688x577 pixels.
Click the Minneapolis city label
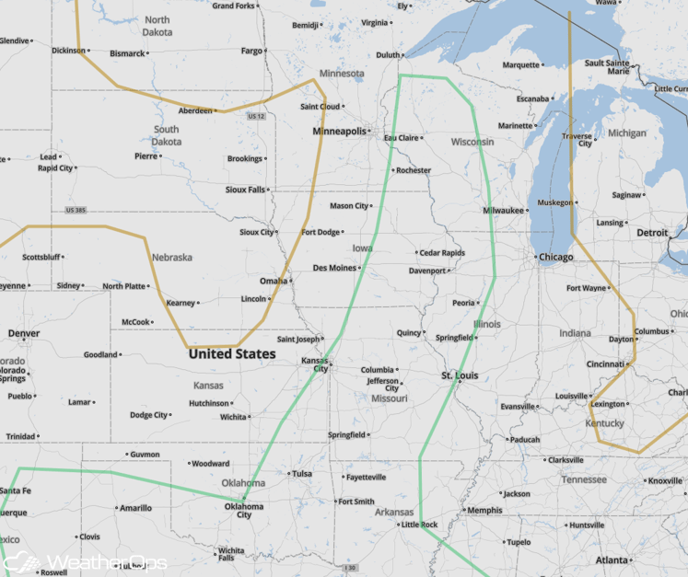pyautogui.click(x=339, y=132)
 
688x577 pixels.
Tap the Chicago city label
pyautogui.click(x=555, y=257)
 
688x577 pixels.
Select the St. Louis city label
pyautogui.click(x=459, y=375)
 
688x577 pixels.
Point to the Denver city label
pyautogui.click(x=24, y=332)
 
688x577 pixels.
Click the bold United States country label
pyautogui.click(x=231, y=353)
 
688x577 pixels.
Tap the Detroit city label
pyautogui.click(x=652, y=233)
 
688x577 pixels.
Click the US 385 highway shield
pyautogui.click(x=77, y=211)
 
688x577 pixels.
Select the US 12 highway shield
pyautogui.click(x=256, y=116)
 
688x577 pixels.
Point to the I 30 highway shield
pyautogui.click(x=349, y=568)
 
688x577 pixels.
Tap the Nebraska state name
pyautogui.click(x=171, y=257)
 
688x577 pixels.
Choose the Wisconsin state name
pyautogui.click(x=472, y=142)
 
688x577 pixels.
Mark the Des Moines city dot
pyautogui.click(x=359, y=268)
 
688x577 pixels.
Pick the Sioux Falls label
pyautogui.click(x=245, y=190)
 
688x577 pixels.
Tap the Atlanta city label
pyautogui.click(x=612, y=560)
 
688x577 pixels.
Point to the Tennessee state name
pyautogui.click(x=584, y=479)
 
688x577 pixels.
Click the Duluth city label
pyautogui.click(x=388, y=55)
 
